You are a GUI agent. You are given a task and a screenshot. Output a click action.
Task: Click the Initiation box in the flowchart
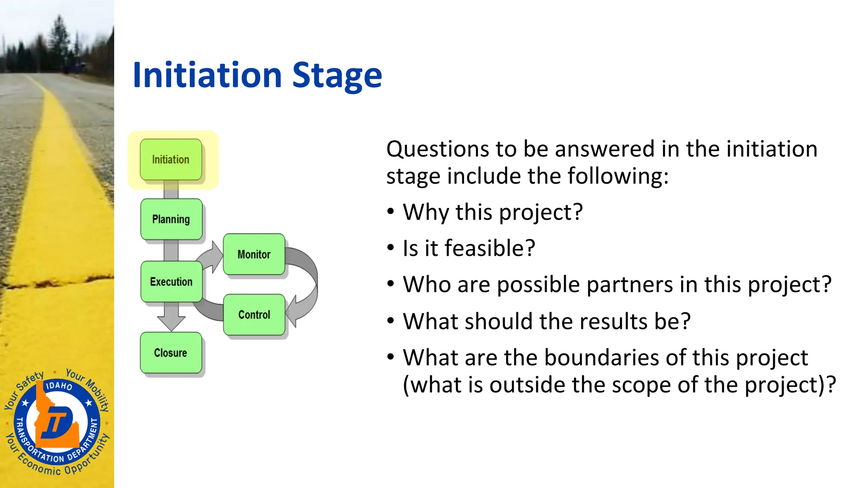pos(171,160)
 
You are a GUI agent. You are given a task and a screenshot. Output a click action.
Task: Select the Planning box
pos(171,219)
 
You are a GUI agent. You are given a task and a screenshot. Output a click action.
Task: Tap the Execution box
pos(171,282)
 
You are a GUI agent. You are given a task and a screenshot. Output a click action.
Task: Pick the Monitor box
pos(254,254)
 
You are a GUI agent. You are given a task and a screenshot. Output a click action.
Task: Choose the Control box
pos(254,315)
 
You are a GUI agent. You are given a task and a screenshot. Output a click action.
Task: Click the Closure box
pos(171,353)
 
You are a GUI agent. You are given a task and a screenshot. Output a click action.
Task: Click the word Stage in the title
pos(337,75)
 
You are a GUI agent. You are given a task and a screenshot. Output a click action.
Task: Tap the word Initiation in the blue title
pos(207,75)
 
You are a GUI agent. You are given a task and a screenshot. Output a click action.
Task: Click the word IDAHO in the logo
pos(59,386)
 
